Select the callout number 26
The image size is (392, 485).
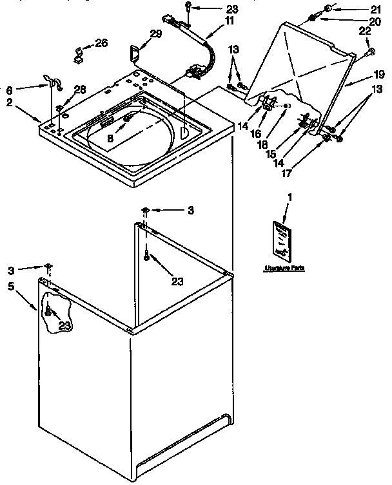(101, 43)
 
